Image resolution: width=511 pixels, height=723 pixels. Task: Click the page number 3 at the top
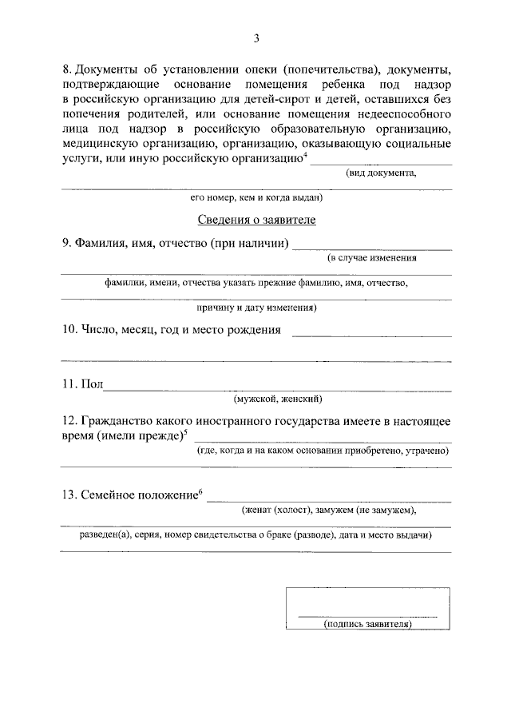coord(256,38)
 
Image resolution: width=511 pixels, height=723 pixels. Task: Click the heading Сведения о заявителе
coord(256,219)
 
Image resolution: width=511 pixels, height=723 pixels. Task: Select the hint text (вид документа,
coord(380,173)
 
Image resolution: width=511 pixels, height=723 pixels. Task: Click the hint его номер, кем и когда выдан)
coord(256,197)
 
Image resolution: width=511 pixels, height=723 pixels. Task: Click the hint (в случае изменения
coord(372,258)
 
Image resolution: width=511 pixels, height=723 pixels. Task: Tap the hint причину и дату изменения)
coord(256,307)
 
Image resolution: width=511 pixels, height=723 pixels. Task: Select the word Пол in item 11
coord(92,384)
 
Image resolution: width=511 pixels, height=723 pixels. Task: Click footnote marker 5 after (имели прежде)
coord(185,432)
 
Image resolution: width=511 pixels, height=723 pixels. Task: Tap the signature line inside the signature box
coord(367,616)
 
